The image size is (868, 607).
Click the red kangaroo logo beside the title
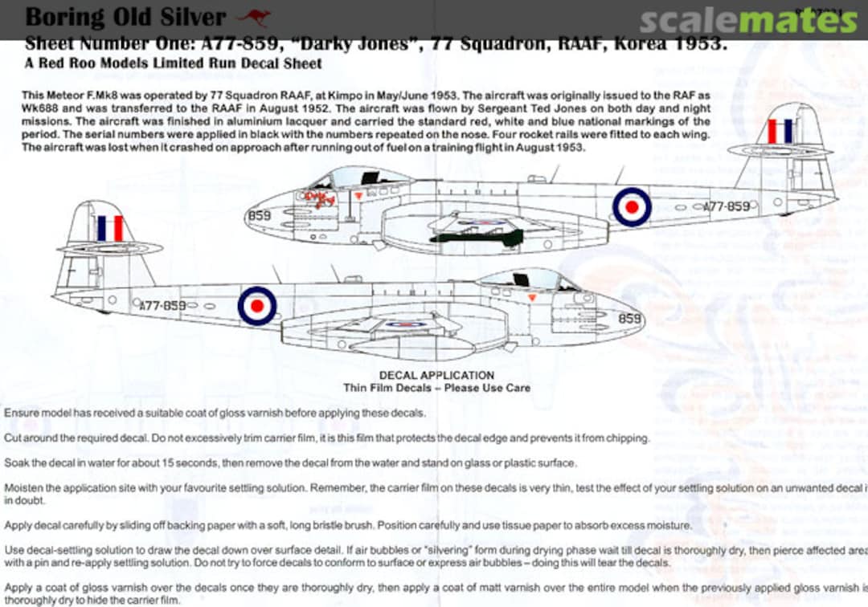pos(254,16)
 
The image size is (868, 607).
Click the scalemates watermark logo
pos(748,21)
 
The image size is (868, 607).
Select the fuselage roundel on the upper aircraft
pos(632,206)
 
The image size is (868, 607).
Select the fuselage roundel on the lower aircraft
pos(257,306)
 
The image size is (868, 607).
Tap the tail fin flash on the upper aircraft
pos(779,131)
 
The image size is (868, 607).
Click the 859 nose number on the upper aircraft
pos(260,215)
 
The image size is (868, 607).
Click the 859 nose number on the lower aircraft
pos(629,318)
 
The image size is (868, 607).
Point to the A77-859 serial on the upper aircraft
pos(726,206)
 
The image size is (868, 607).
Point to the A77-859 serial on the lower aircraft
pos(162,306)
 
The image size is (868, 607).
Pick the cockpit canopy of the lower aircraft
pos(527,279)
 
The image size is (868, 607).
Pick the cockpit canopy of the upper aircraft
pos(361,177)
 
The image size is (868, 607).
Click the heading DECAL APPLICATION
pos(436,375)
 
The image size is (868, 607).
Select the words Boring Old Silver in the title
pos(126,16)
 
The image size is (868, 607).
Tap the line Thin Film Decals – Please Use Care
pos(436,388)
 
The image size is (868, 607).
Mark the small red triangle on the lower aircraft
pos(530,297)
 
